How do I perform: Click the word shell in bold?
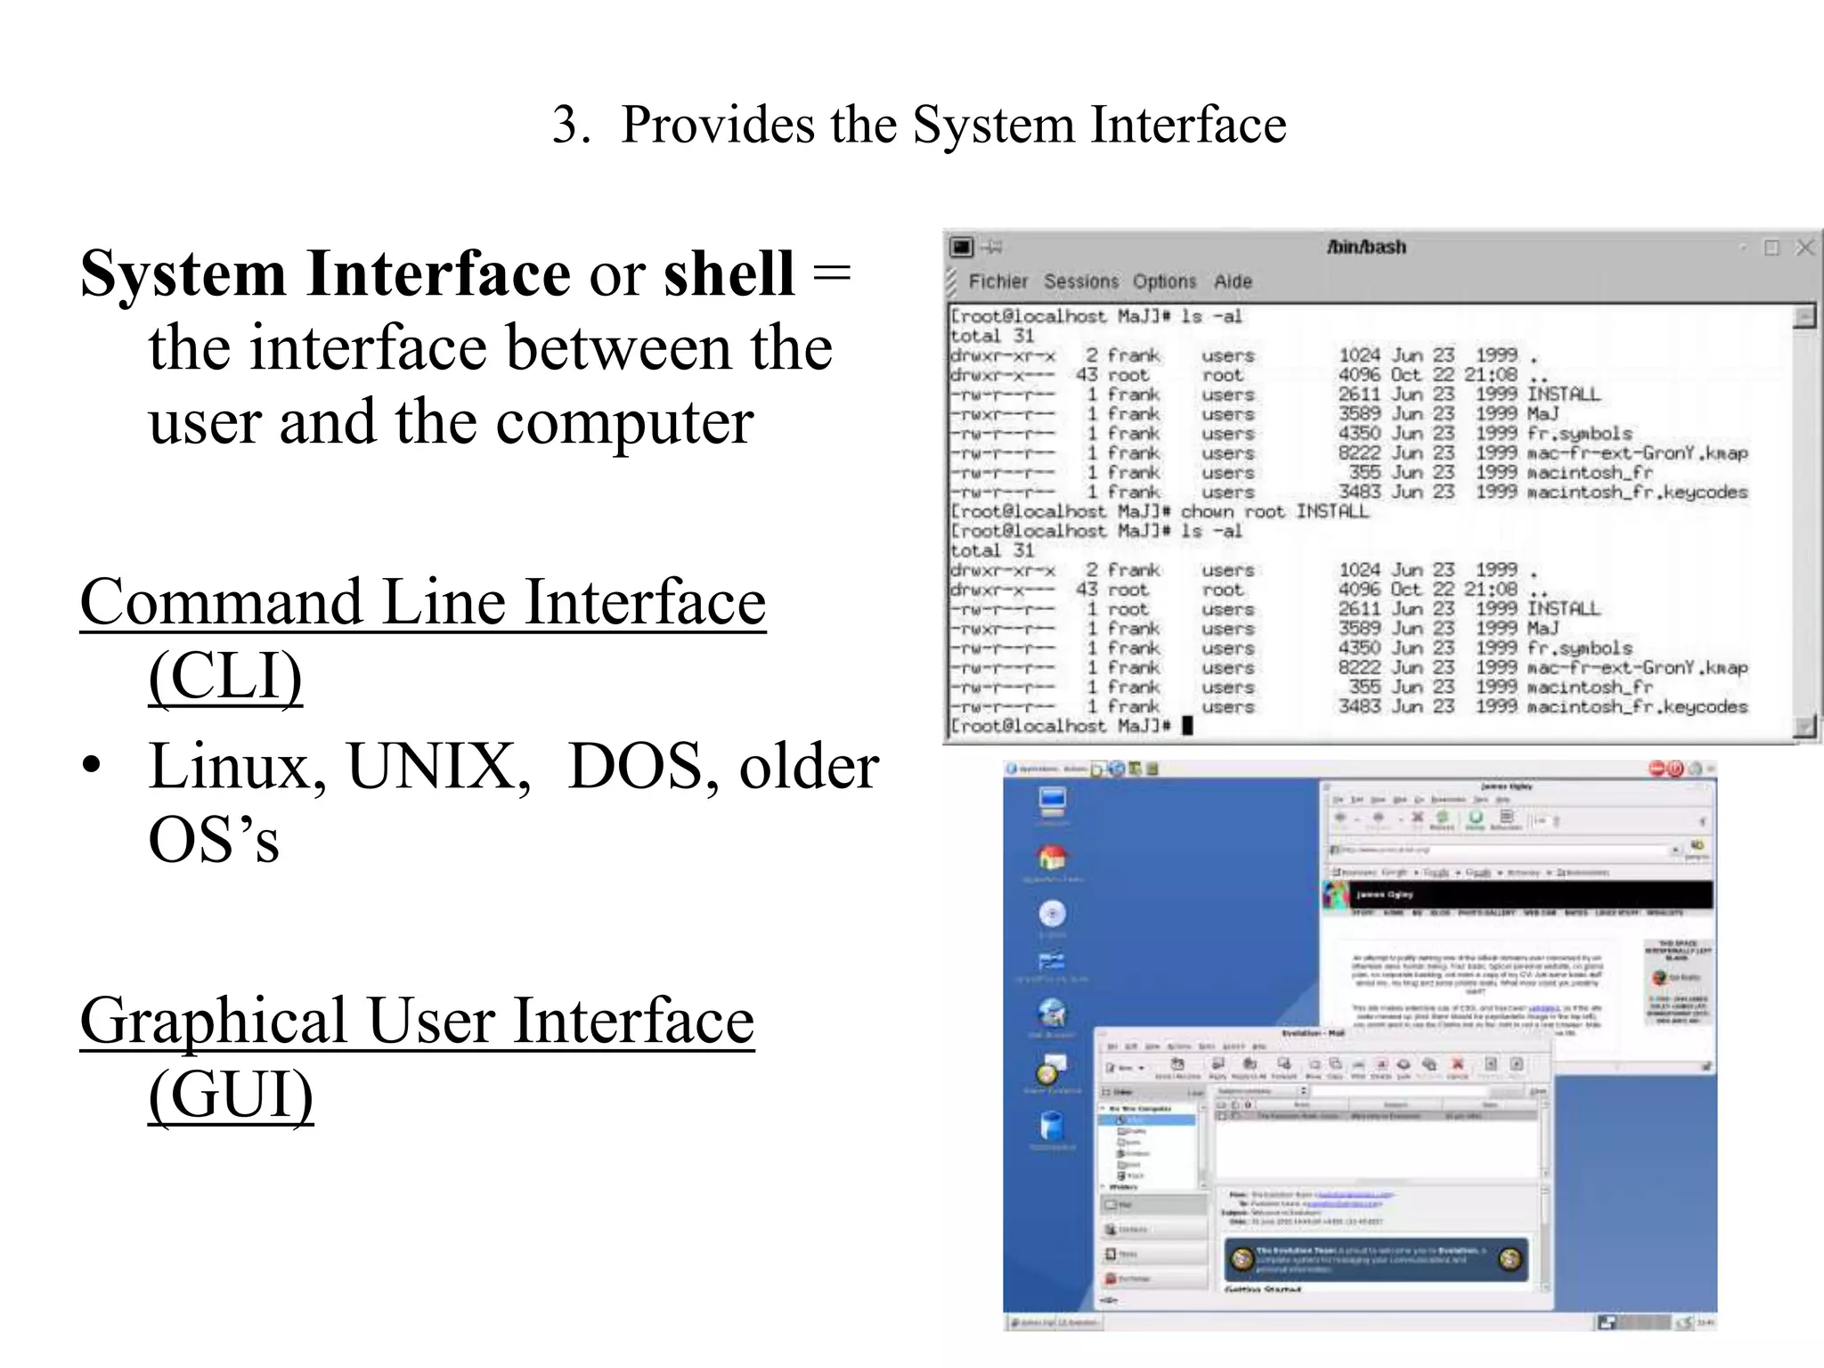tap(728, 273)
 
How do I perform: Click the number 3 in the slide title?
tap(566, 125)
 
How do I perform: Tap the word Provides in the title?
tap(717, 125)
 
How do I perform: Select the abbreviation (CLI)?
tap(225, 677)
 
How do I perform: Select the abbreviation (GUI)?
tap(231, 1095)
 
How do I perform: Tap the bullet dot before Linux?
tap(91, 768)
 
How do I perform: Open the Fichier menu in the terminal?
tap(997, 281)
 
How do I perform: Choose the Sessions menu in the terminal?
tap(1080, 281)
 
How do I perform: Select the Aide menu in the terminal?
tap(1233, 281)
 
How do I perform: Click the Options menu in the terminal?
tap(1164, 281)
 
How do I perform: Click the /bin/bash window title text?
tap(1366, 247)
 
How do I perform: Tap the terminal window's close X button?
tap(1804, 248)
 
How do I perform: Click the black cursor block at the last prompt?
tap(1186, 726)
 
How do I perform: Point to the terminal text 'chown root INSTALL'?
tap(1274, 511)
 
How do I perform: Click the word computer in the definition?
tap(624, 422)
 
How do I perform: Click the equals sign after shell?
tap(832, 273)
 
